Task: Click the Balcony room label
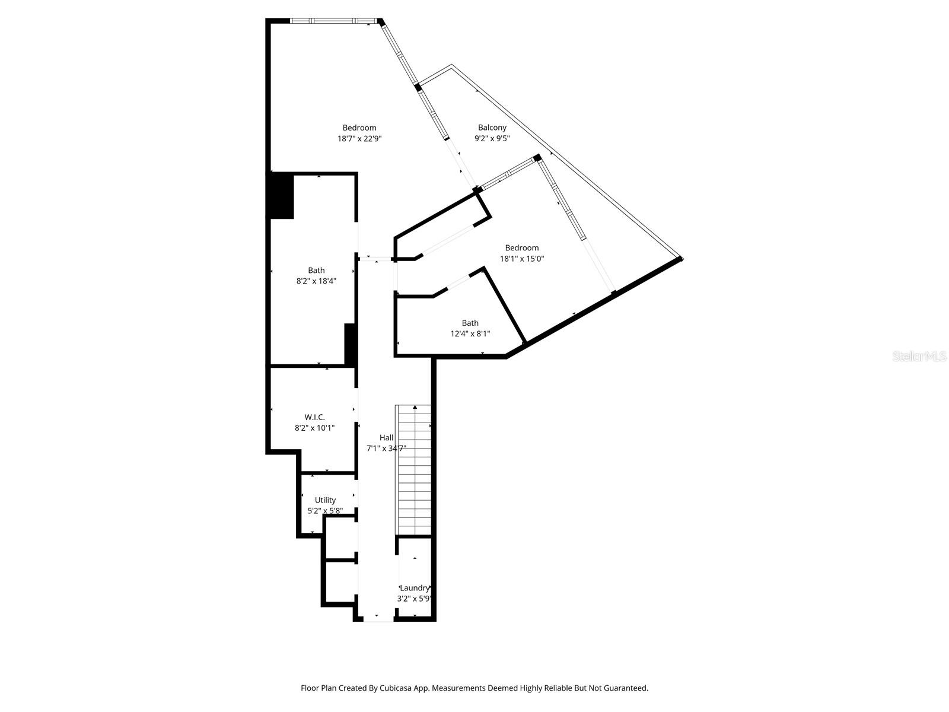492,128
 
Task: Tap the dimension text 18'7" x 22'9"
359,139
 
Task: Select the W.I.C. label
314,417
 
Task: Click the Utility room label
325,500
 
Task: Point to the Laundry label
414,588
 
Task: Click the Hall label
386,438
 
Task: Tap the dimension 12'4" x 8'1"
470,334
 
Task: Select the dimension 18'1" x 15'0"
522,259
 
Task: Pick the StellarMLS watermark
919,357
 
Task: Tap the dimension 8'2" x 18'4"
316,281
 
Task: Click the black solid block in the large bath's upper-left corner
282,196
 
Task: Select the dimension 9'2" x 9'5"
492,139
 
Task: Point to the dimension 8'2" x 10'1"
314,428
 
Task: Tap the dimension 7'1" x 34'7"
386,449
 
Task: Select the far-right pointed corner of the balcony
682,258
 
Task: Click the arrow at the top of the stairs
414,407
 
